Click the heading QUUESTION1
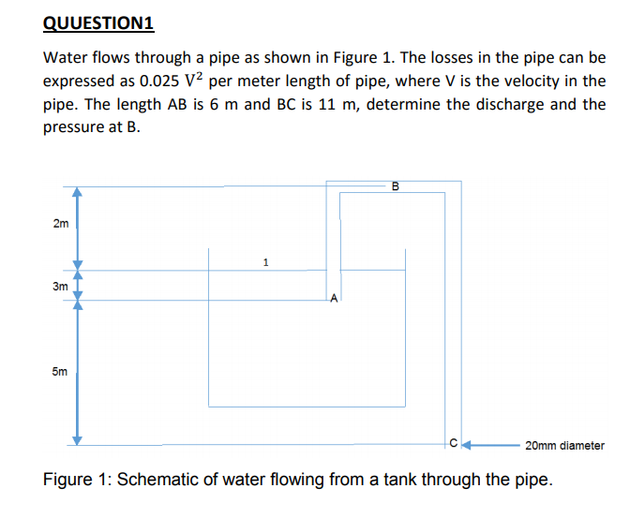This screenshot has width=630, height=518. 100,23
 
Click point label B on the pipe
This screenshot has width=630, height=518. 395,185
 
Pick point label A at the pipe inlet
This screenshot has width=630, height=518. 334,300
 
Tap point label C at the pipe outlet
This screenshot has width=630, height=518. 453,445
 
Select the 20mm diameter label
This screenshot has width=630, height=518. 564,446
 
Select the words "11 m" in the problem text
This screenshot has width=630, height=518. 337,104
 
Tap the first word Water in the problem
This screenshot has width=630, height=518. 67,58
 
